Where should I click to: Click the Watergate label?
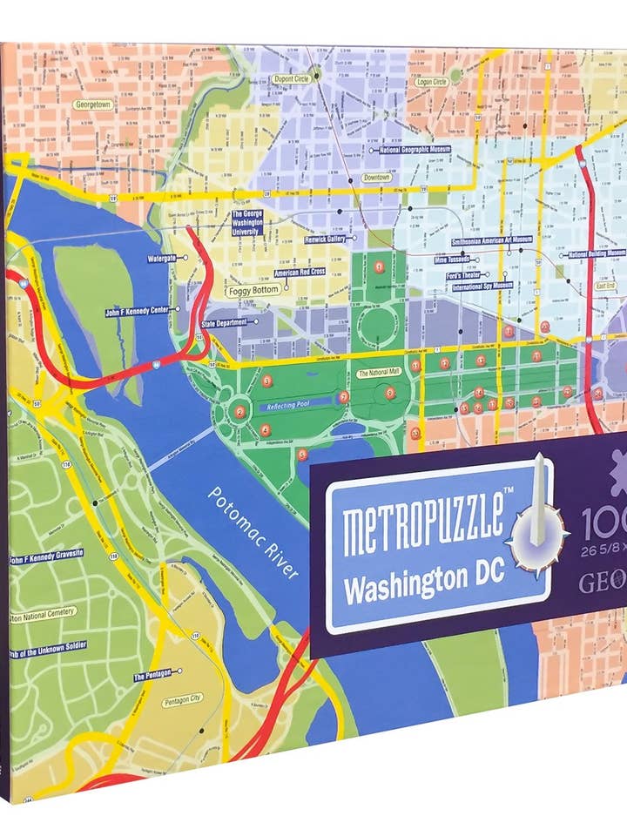click(x=162, y=258)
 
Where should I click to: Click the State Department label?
click(x=225, y=322)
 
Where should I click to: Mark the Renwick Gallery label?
click(x=325, y=239)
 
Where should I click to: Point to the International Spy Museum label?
click(x=482, y=286)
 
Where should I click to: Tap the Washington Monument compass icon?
click(x=540, y=522)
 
